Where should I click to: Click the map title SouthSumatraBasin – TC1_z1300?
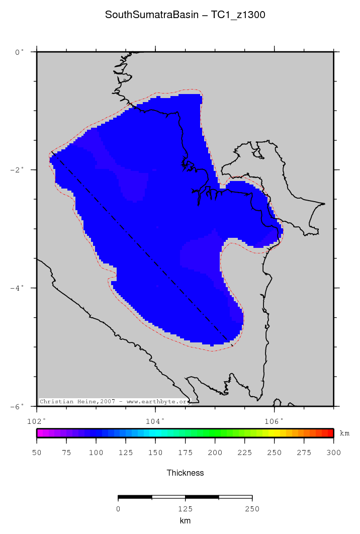tap(185, 15)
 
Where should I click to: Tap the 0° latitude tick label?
tap(19, 52)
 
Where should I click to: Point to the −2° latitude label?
tap(17, 170)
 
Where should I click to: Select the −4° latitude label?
tap(17, 288)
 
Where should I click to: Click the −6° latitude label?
tap(17, 406)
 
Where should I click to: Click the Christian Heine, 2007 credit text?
tap(115, 402)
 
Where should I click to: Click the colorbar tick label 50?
tap(37, 453)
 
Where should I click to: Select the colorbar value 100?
tap(96, 453)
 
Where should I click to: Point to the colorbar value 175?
tap(185, 453)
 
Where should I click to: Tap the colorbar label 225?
tap(244, 453)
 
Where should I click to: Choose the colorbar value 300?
tap(333, 453)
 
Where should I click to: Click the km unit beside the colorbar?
tap(344, 433)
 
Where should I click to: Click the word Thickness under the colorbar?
tap(185, 473)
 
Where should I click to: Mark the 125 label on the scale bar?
tap(185, 509)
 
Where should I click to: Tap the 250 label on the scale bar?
tap(252, 509)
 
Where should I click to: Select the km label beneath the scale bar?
tap(185, 521)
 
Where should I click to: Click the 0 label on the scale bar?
tap(118, 509)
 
